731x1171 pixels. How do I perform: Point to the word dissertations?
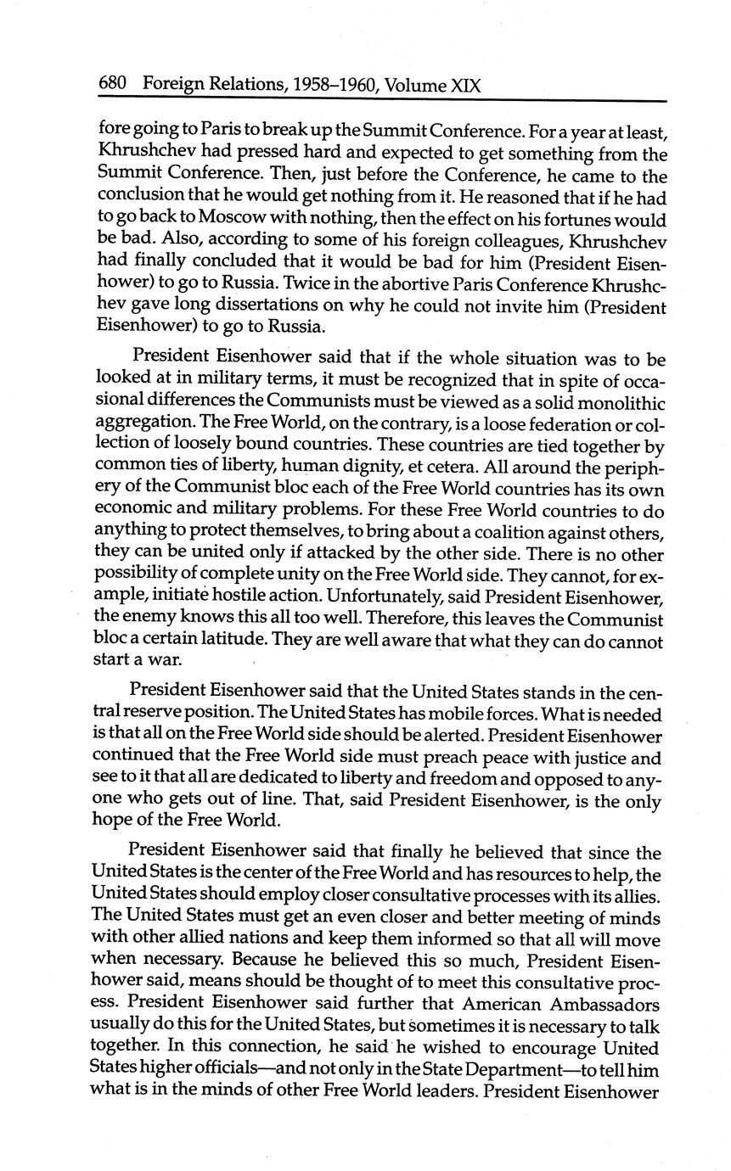click(x=248, y=306)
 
